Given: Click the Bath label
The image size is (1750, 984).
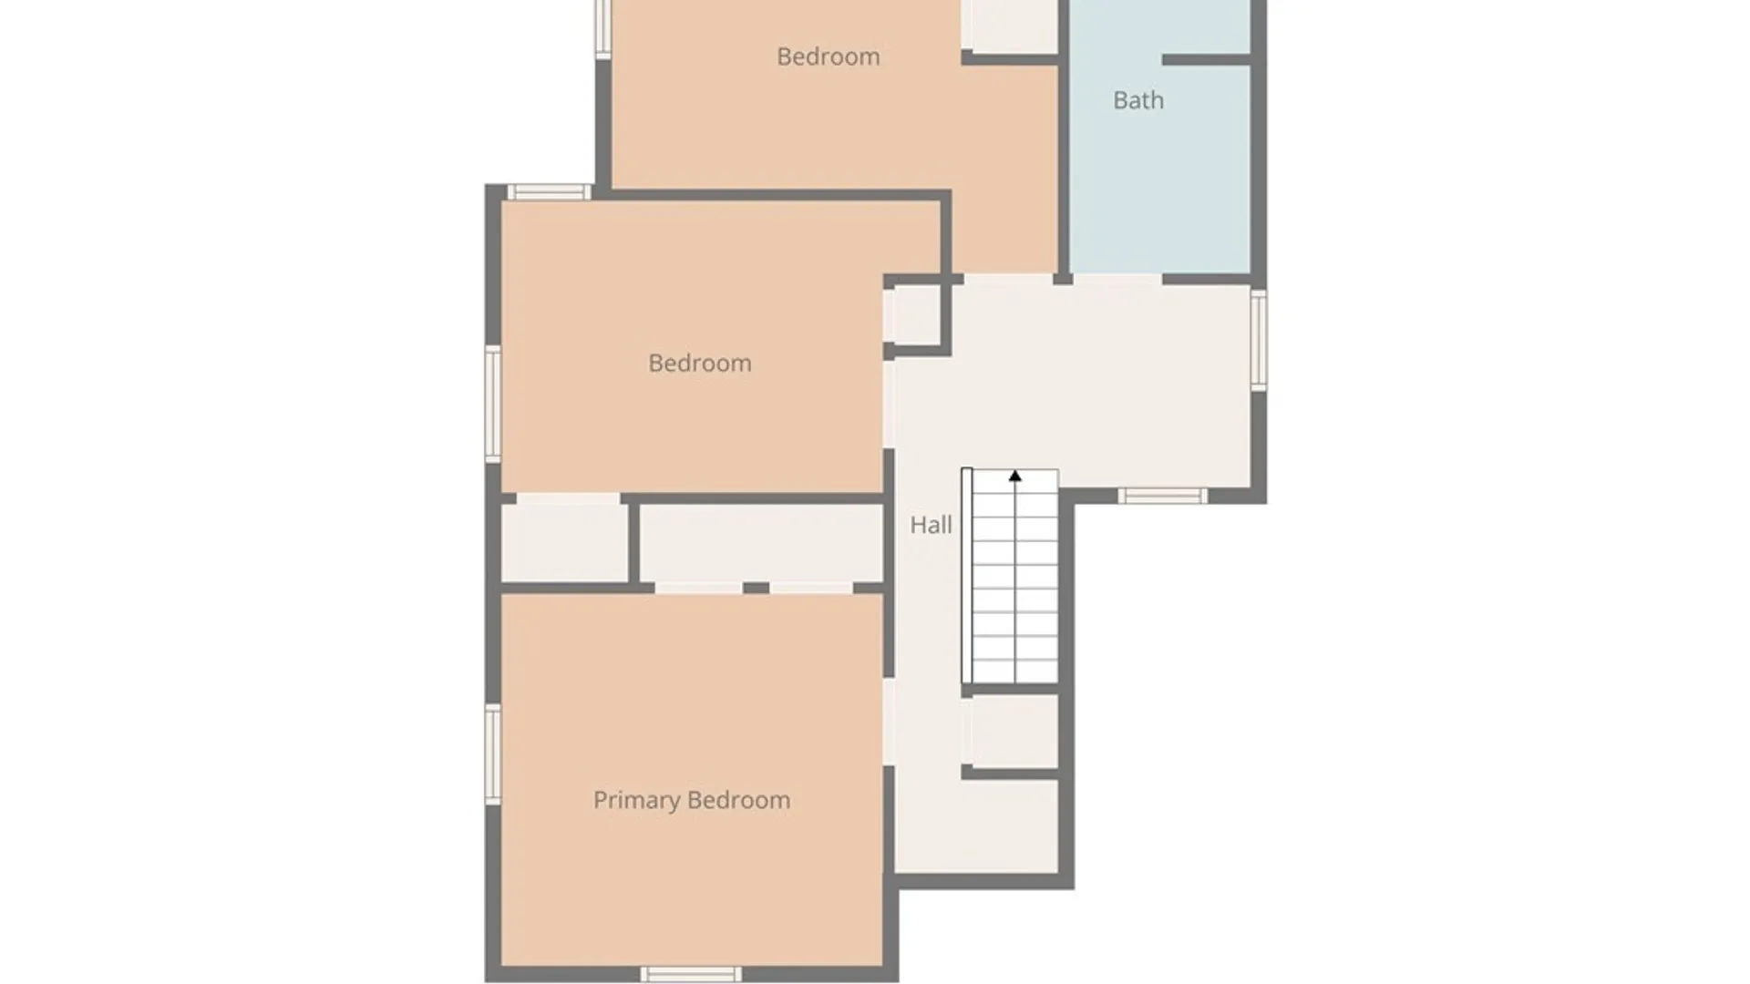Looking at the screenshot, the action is coord(1138,100).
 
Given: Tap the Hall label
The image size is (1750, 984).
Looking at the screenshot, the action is coord(931,525).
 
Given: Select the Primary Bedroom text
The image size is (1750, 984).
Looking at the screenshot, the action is coord(692,800).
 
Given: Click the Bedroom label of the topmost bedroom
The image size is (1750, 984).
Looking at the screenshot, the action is coord(829,56).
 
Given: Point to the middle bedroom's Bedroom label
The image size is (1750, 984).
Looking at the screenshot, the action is coord(700,364).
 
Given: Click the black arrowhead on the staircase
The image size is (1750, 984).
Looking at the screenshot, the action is coord(1015,476).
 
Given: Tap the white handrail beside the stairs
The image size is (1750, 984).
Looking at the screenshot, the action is coord(967,576).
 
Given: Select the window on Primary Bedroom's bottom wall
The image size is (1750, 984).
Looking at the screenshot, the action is coord(691,974).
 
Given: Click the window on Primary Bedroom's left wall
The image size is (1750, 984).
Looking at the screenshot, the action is coord(493,753).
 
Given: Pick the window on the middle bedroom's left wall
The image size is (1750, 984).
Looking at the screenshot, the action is coord(493,404).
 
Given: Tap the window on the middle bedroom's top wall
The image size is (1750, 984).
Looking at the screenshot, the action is coord(549,191).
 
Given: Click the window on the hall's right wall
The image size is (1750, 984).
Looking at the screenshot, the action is coord(1258,340).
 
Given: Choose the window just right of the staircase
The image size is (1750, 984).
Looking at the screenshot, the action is coord(1163,496).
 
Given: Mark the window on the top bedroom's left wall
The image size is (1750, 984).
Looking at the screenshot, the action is coord(602,27).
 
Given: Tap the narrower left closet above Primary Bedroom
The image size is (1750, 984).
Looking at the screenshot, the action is coord(564,542).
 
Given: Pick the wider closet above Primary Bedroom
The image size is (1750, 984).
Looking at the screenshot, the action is coord(761,543).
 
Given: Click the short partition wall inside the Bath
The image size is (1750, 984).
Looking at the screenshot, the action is coord(1206,59).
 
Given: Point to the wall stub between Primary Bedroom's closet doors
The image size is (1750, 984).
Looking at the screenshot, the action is coord(756,588).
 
